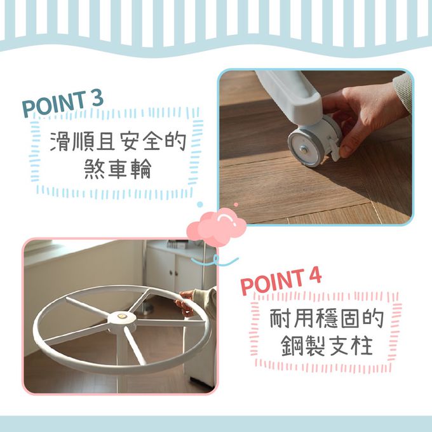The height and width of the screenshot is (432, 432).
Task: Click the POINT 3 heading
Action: click(63, 104)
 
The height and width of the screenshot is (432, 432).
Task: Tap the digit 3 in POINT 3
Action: click(97, 98)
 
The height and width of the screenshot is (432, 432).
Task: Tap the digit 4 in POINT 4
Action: click(315, 276)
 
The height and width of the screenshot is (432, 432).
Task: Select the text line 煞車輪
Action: click(118, 168)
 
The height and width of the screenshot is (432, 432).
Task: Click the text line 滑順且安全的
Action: click(118, 141)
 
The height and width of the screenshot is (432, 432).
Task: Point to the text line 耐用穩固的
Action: click(327, 318)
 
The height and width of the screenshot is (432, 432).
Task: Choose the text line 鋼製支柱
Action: click(327, 346)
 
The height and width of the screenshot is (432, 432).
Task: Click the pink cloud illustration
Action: click(217, 226)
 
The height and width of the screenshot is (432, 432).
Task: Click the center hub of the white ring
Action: click(121, 318)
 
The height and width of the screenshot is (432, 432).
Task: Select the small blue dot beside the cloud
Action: click(200, 205)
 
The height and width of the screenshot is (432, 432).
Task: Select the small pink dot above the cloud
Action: click(236, 205)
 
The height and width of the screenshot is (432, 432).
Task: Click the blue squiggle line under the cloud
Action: click(215, 260)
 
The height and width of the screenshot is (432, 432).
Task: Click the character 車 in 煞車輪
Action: click(118, 168)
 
